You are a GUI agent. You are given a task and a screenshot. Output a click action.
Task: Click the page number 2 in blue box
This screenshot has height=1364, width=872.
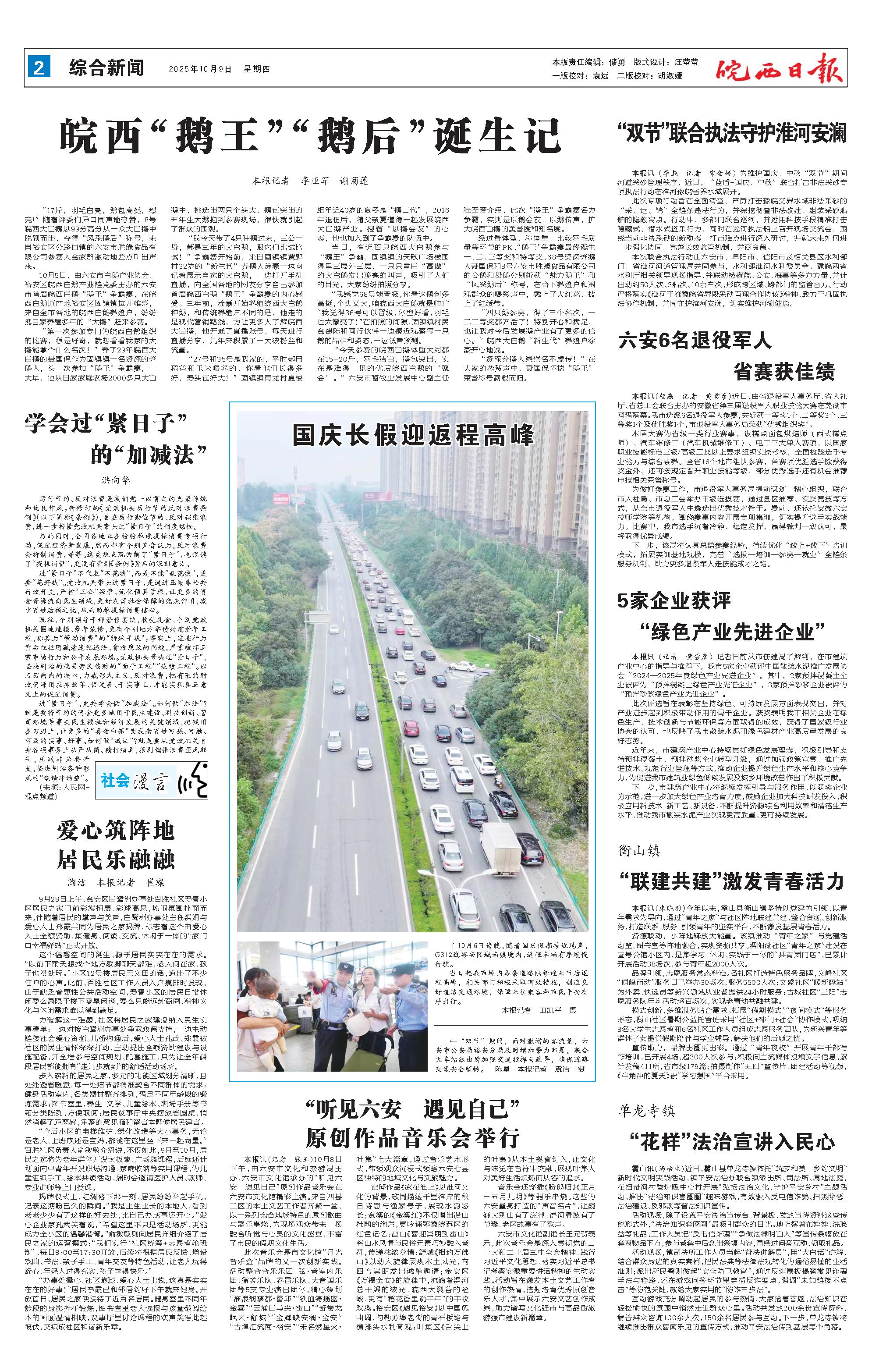(39, 68)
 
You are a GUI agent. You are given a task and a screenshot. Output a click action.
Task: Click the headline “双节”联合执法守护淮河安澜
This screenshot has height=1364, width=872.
(732, 134)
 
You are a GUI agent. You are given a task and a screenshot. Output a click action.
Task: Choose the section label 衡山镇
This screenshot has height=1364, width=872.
(639, 850)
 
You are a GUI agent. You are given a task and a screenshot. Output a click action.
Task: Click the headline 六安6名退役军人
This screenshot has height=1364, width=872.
(695, 341)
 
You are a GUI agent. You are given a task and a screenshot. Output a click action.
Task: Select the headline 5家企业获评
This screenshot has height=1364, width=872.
(674, 600)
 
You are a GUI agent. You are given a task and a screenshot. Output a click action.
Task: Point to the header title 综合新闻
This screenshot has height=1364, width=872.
(106, 68)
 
